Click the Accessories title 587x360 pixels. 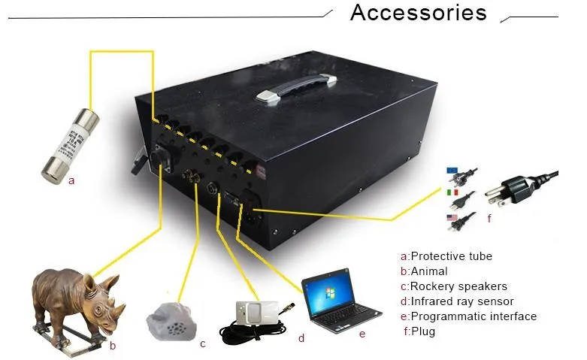click(x=418, y=14)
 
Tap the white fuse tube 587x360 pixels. click(x=71, y=142)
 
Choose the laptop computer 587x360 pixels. click(x=335, y=301)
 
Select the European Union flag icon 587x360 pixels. click(x=452, y=171)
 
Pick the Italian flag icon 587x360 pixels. click(x=452, y=195)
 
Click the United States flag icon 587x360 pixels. click(x=452, y=218)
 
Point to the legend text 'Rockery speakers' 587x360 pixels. click(x=458, y=286)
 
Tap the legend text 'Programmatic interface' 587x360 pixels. click(x=474, y=316)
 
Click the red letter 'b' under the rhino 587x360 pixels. click(x=113, y=346)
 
